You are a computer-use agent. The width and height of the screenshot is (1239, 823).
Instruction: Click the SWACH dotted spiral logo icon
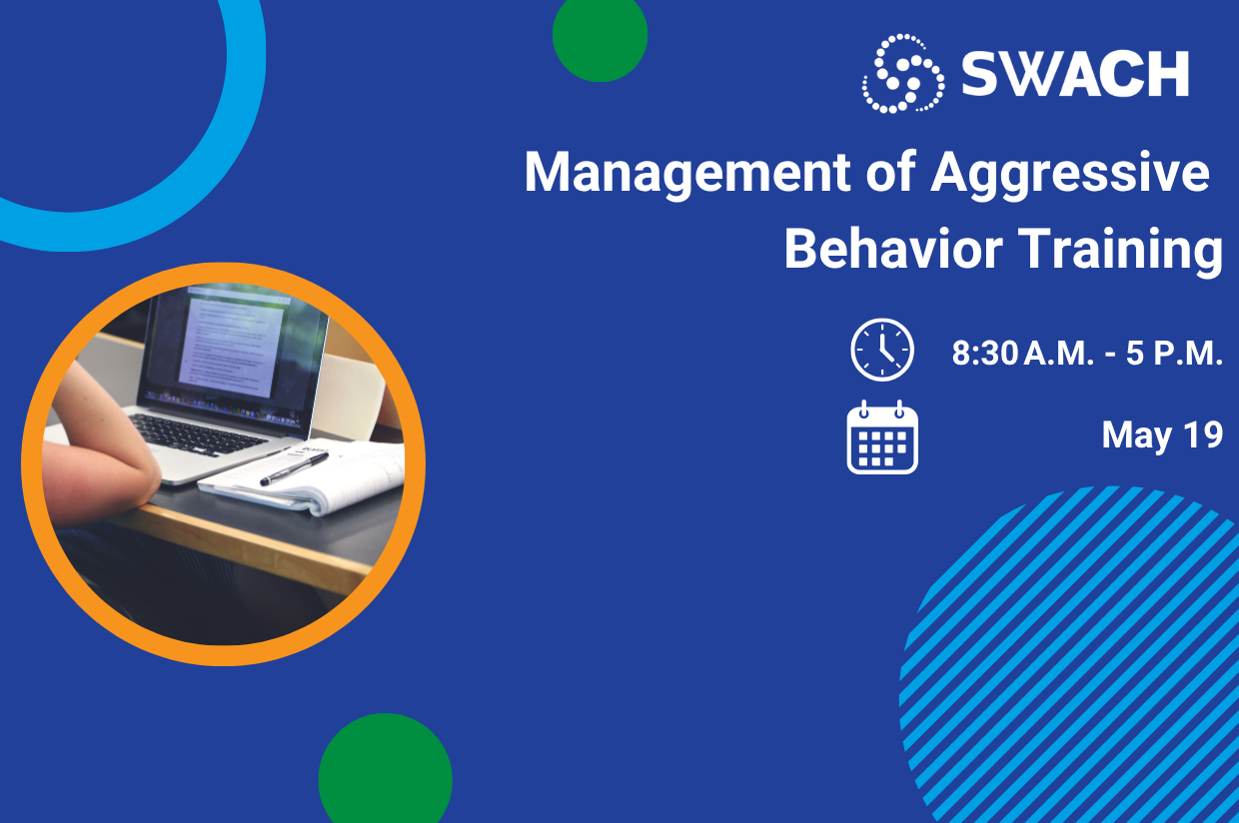click(902, 73)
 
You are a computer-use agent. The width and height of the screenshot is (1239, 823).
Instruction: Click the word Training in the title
click(1120, 250)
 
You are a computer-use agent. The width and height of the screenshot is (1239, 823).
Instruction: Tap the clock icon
click(881, 350)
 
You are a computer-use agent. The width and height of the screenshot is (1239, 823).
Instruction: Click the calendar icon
click(881, 436)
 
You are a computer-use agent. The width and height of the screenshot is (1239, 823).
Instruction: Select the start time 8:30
click(985, 355)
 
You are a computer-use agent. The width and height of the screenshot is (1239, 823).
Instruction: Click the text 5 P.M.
click(1174, 355)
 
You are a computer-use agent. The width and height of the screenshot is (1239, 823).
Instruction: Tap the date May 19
click(1162, 435)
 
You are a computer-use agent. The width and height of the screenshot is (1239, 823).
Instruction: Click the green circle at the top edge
click(600, 35)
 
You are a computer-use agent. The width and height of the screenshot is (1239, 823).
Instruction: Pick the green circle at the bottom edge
click(386, 774)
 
